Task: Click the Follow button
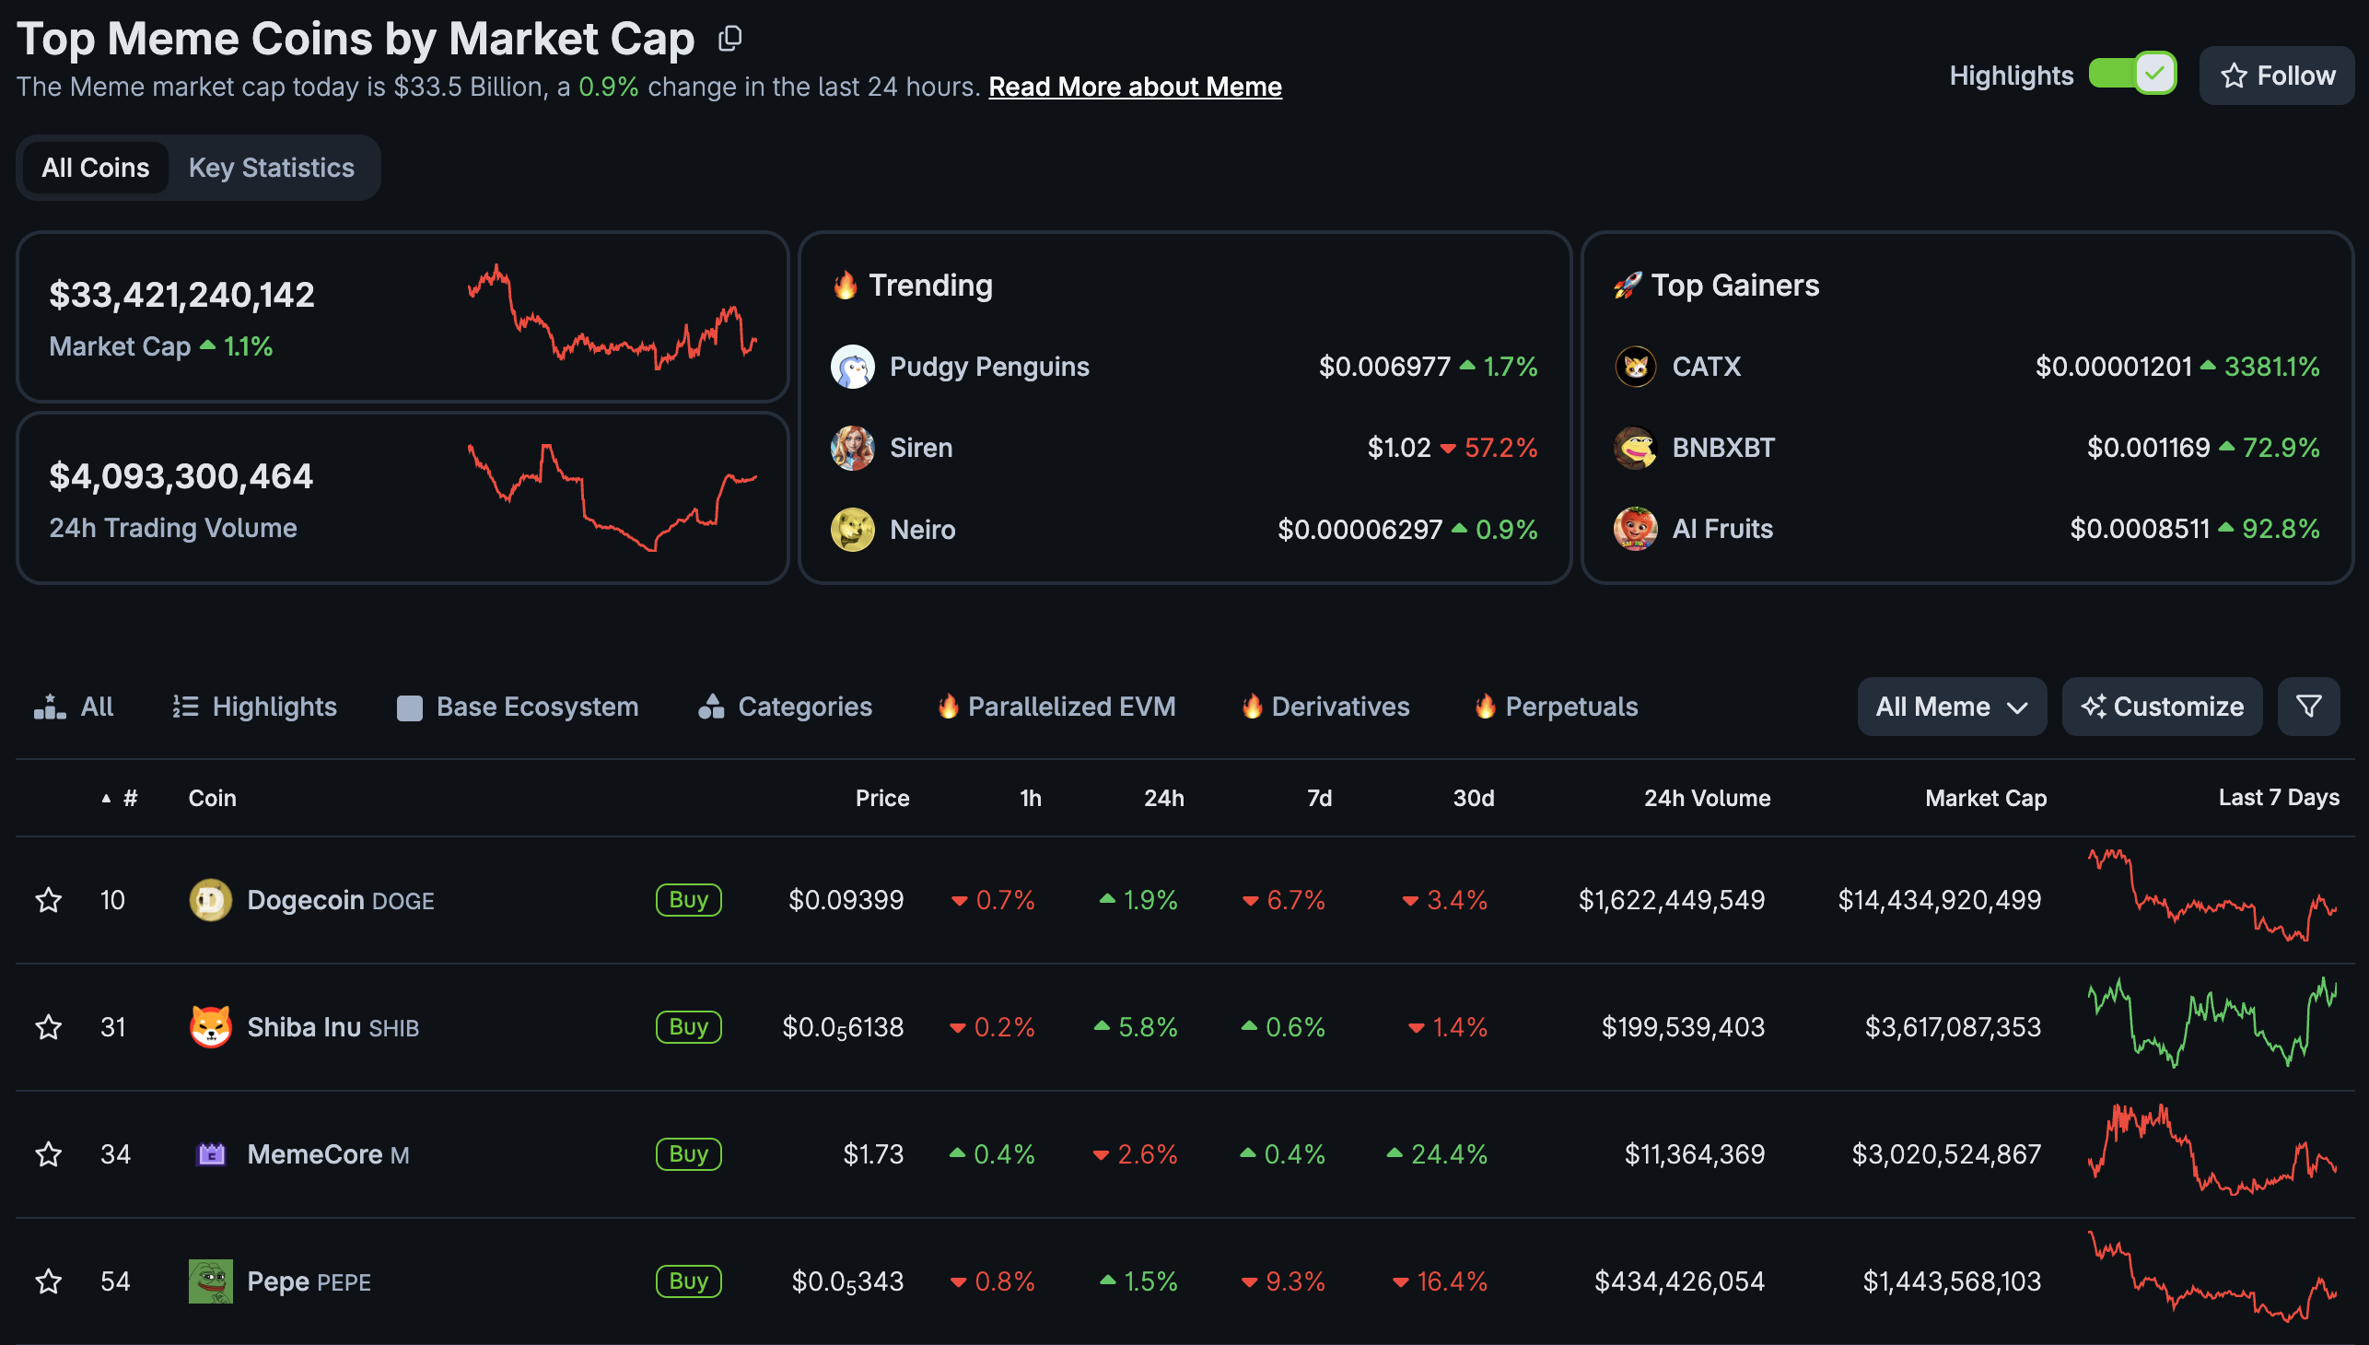[x=2277, y=76]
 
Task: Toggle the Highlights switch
[x=2131, y=74]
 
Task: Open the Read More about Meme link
[x=1134, y=87]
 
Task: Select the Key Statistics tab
[x=272, y=168]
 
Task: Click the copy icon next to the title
[x=729, y=39]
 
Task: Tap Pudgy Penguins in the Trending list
[x=988, y=367]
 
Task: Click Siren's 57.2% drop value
[x=1500, y=448]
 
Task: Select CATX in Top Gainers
[x=1706, y=367]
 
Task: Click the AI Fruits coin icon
[x=1635, y=529]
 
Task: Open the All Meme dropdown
[x=1951, y=707]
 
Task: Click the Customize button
[x=2161, y=707]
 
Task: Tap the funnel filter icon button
[x=2307, y=707]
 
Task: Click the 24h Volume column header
[x=1706, y=798]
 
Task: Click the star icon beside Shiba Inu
[x=48, y=1027]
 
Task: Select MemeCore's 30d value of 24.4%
[x=1448, y=1154]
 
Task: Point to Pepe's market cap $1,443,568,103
[x=1951, y=1281]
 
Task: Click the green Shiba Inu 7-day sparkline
[x=2212, y=1023]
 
